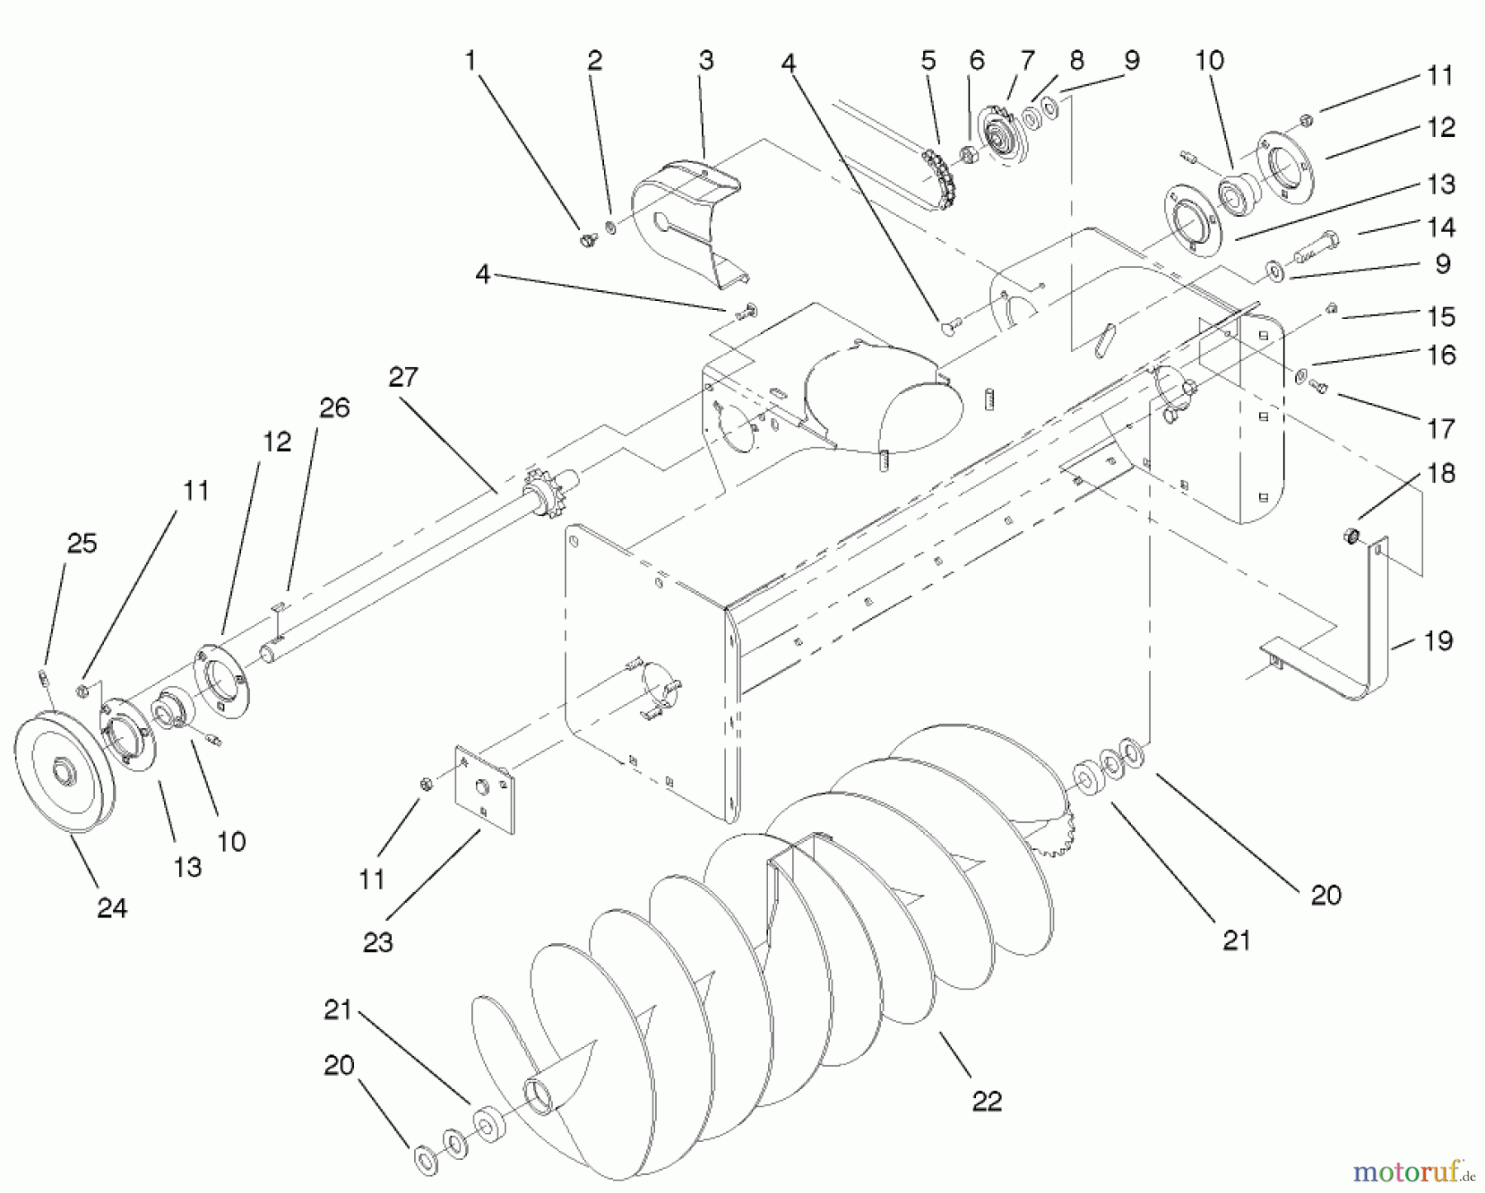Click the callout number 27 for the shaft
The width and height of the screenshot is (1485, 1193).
coord(404,378)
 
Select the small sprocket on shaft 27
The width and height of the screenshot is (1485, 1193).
coord(540,492)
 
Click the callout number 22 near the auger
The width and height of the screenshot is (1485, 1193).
coord(987,1101)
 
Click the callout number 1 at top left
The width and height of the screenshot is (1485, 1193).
coord(470,60)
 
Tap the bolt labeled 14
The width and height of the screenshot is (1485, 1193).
coord(1313,244)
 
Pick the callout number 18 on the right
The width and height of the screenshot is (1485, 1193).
coord(1440,473)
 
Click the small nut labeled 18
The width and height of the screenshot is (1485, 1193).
coord(1349,538)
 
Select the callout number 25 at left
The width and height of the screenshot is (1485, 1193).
coord(82,543)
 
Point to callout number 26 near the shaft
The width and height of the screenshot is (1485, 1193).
coord(335,407)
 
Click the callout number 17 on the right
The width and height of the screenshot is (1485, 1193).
coord(1440,428)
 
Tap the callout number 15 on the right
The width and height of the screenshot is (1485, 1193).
coord(1440,316)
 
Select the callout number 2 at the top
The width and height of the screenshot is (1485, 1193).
coord(595,60)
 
